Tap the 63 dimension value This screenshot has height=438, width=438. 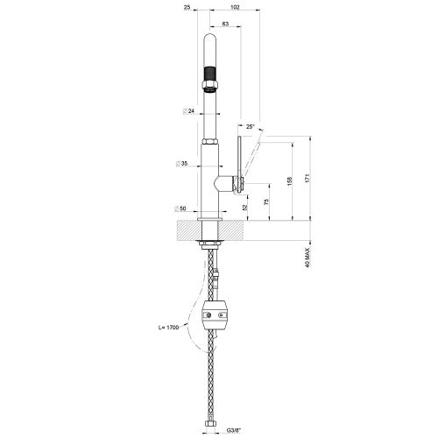tap(225, 25)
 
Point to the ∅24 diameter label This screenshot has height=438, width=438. tap(187, 111)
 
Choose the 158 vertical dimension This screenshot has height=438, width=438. tap(289, 181)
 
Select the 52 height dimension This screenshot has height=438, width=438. tap(245, 207)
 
